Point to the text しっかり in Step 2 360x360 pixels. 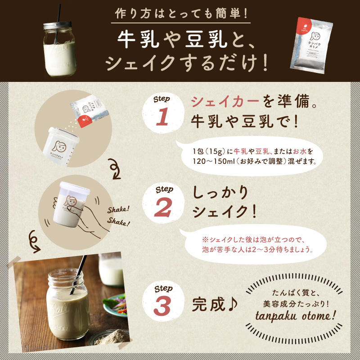220,193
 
